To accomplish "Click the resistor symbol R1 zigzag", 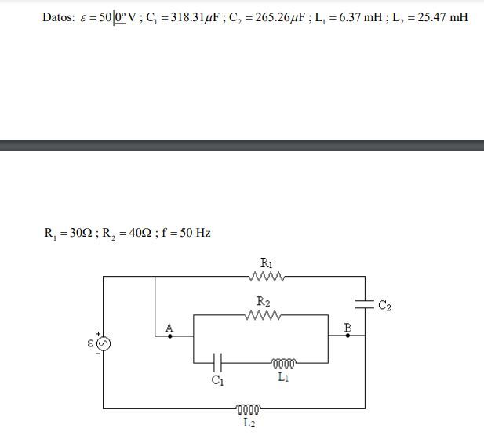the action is pyautogui.click(x=267, y=277).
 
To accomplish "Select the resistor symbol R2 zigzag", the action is pyautogui.click(x=264, y=315).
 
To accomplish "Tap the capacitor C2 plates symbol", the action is pyautogui.click(x=365, y=304).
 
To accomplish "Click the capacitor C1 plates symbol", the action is pyautogui.click(x=217, y=363).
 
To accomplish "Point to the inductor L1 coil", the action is pyautogui.click(x=284, y=364).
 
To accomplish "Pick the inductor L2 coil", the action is pyautogui.click(x=248, y=409).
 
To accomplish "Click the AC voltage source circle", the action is pyautogui.click(x=104, y=343).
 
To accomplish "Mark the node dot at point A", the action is pyautogui.click(x=170, y=336).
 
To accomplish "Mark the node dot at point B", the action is pyautogui.click(x=348, y=336).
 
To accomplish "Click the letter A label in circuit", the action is pyautogui.click(x=169, y=328).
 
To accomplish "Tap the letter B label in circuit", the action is pyautogui.click(x=348, y=327).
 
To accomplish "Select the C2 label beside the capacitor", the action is pyautogui.click(x=384, y=305).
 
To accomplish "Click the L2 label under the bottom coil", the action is pyautogui.click(x=249, y=423).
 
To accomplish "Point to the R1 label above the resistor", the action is pyautogui.click(x=267, y=263).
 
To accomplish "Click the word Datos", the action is pyautogui.click(x=59, y=17).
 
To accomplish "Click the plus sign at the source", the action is pyautogui.click(x=98, y=334).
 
